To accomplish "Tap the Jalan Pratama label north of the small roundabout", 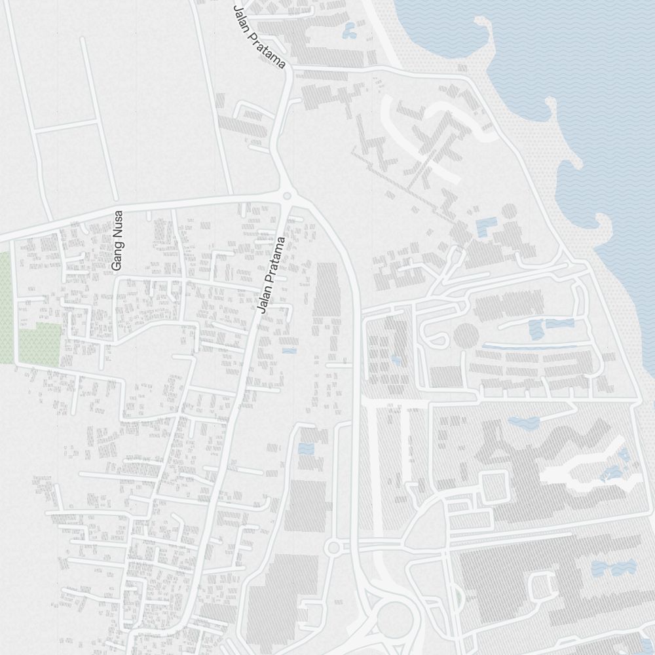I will coord(259,37).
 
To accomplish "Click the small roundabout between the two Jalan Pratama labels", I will coord(286,196).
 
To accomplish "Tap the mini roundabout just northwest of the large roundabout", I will coord(333,547).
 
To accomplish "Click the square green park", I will coord(39,345).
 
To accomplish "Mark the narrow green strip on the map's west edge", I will coord(5,308).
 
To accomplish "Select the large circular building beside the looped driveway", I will coord(466,336).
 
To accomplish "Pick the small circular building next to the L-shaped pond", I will coord(509,212).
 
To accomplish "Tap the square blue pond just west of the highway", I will coord(305,449).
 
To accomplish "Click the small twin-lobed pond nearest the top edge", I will coord(349,29).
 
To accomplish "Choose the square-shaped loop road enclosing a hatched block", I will coord(495,486).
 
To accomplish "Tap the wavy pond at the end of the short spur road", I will coord(523,422).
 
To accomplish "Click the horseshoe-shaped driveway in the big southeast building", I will coord(541,586).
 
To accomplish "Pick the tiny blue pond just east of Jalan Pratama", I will coord(289,351).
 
